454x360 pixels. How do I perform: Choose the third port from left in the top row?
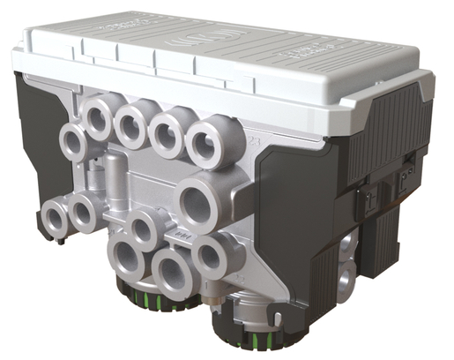click(168, 131)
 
